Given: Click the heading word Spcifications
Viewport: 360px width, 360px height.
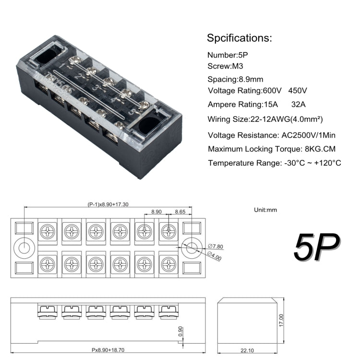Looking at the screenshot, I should click(239, 38).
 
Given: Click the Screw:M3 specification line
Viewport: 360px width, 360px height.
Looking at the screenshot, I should click(226, 67).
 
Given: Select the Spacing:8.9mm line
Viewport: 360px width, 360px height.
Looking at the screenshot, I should click(235, 79).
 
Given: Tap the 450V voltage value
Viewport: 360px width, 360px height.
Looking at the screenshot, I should click(298, 91).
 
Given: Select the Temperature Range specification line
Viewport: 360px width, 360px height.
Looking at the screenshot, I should click(275, 163).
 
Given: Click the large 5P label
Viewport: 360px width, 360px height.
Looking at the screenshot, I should click(316, 248).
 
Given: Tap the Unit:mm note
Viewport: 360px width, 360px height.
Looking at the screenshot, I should click(265, 210).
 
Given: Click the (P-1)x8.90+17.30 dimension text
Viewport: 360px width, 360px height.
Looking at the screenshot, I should click(108, 204).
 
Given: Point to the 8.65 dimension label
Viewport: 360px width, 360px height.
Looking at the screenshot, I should click(180, 211).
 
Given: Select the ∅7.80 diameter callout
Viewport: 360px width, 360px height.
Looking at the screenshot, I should click(216, 247).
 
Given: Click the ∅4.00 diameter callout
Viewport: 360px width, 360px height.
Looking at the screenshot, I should click(215, 258).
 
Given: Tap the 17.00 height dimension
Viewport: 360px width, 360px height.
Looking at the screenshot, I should click(281, 321).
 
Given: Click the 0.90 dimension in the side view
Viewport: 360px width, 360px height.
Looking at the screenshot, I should click(180, 331).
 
